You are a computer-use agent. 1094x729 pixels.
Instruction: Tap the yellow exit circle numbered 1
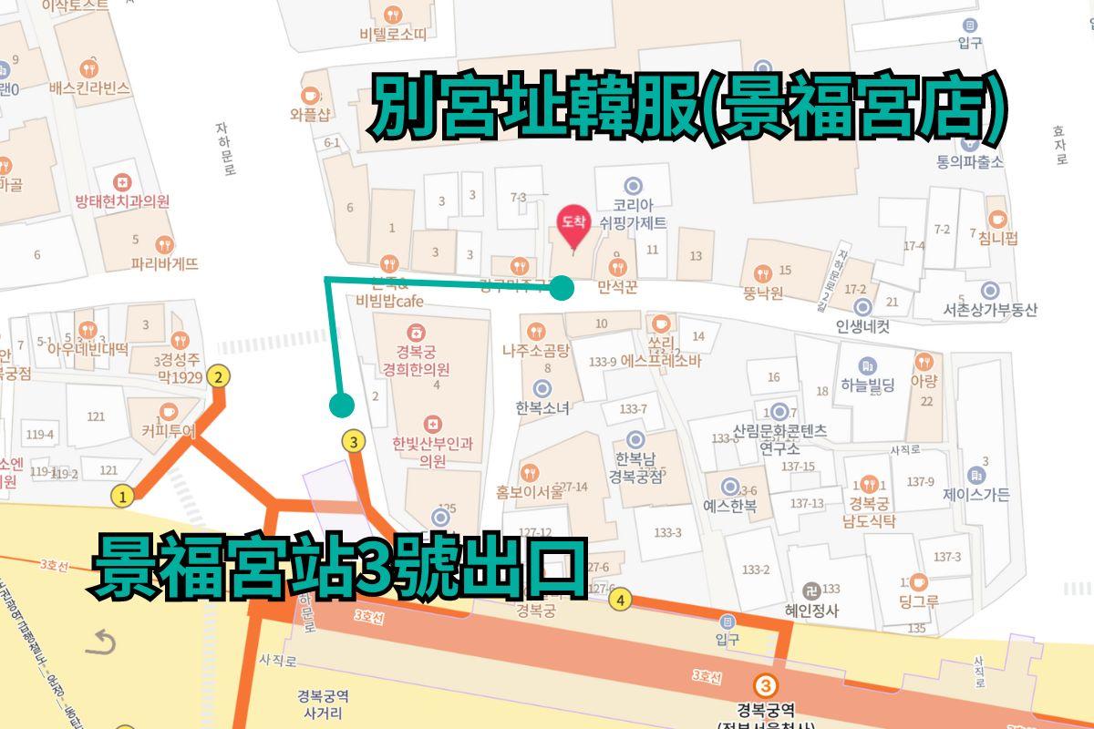[122, 497]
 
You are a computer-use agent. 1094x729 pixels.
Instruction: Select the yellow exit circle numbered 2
[218, 375]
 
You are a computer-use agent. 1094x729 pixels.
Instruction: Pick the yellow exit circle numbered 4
[621, 600]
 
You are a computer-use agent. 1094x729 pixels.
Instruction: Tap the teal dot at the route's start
[343, 404]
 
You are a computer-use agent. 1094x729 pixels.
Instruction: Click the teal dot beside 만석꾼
[562, 289]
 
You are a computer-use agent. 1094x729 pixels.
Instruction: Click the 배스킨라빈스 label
[89, 88]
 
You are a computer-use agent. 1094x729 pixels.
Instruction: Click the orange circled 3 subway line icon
[767, 685]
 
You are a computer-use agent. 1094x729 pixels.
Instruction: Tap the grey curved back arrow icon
[100, 644]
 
